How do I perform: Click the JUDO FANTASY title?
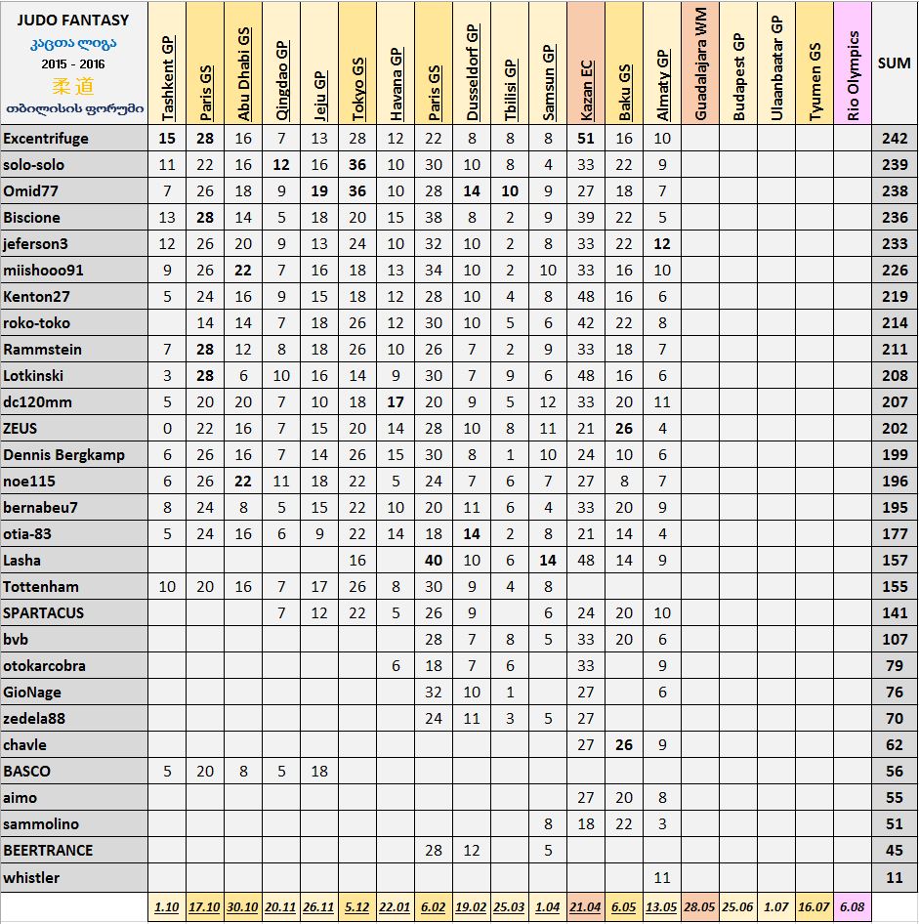tap(73, 20)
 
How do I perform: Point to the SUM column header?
tap(894, 63)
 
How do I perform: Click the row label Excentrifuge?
tap(46, 139)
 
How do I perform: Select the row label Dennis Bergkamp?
tap(64, 455)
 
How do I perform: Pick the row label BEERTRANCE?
tap(49, 851)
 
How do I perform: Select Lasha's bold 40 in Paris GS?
tap(434, 561)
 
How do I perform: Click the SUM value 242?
tap(894, 139)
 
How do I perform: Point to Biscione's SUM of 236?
tap(894, 218)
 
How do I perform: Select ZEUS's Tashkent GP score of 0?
tap(167, 429)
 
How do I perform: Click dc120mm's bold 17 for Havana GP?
tap(396, 402)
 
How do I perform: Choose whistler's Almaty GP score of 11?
tap(662, 877)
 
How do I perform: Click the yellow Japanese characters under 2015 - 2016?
tap(73, 85)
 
